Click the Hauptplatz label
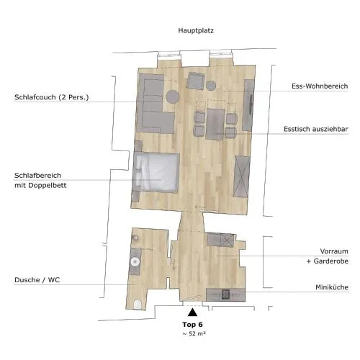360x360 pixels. coord(196,31)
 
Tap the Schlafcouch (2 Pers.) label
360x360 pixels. coord(52,97)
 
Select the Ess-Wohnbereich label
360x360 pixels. coord(320,86)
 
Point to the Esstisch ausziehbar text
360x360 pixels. coord(316,129)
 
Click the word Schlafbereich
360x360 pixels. coord(37,176)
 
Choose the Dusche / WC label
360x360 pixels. coord(37,280)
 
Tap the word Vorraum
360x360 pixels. coord(334,251)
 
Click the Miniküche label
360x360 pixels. coord(332,287)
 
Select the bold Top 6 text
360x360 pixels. coord(192,325)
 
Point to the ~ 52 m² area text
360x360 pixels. coord(194,333)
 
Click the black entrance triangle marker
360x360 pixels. coord(192,312)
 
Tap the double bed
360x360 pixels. coord(156,172)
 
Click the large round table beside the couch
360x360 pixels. coord(173,96)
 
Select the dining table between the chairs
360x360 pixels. coord(215,124)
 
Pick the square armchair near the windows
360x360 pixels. coord(196,81)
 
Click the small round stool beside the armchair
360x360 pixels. coord(211,86)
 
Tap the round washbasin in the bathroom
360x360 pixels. coord(135,261)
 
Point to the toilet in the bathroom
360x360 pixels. coord(138,305)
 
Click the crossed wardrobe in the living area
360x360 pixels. coord(242,176)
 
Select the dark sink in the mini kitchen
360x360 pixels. coord(225,294)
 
